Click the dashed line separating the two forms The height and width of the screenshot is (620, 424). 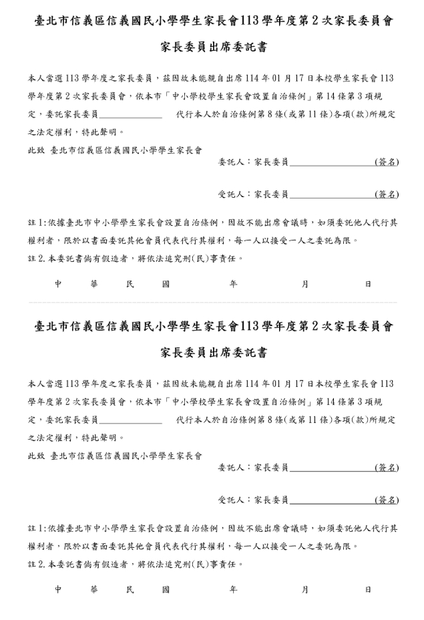pyautogui.click(x=212, y=303)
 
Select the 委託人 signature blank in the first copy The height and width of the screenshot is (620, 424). pyautogui.click(x=332, y=162)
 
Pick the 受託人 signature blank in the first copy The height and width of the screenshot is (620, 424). pyautogui.click(x=332, y=195)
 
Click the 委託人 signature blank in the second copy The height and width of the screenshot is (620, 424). pyautogui.click(x=332, y=468)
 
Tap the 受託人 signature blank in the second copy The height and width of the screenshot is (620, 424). pyautogui.click(x=332, y=500)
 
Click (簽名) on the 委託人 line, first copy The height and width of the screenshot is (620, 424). pyautogui.click(x=387, y=162)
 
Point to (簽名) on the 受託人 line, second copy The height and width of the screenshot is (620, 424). pyautogui.click(x=387, y=500)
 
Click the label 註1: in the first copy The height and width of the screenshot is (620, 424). pyautogui.click(x=37, y=222)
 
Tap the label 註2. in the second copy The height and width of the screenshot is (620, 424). pyautogui.click(x=37, y=564)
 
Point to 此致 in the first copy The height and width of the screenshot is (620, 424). pyautogui.click(x=36, y=150)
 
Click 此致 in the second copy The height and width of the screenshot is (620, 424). pyautogui.click(x=36, y=456)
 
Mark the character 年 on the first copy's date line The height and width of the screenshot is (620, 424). pyautogui.click(x=233, y=284)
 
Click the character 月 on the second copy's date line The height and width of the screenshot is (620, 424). pyautogui.click(x=305, y=589)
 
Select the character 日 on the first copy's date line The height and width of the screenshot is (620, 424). pyautogui.click(x=368, y=284)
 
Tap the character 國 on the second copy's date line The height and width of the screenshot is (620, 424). pyautogui.click(x=166, y=589)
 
